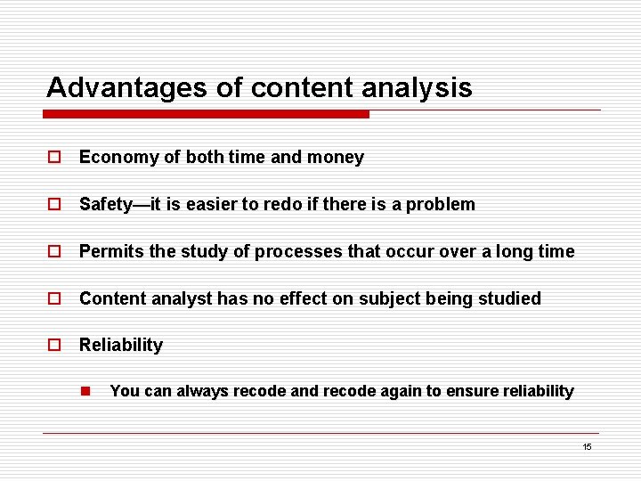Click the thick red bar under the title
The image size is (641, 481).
pos(207,114)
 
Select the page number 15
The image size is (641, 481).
pos(587,446)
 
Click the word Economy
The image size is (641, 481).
pos(118,158)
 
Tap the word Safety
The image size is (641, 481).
pos(104,204)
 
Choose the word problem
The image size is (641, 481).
pos(442,204)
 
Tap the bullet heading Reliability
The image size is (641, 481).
pos(121,346)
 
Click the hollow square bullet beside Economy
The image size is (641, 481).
pos(54,158)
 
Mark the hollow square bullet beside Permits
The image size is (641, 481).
pos(54,251)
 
